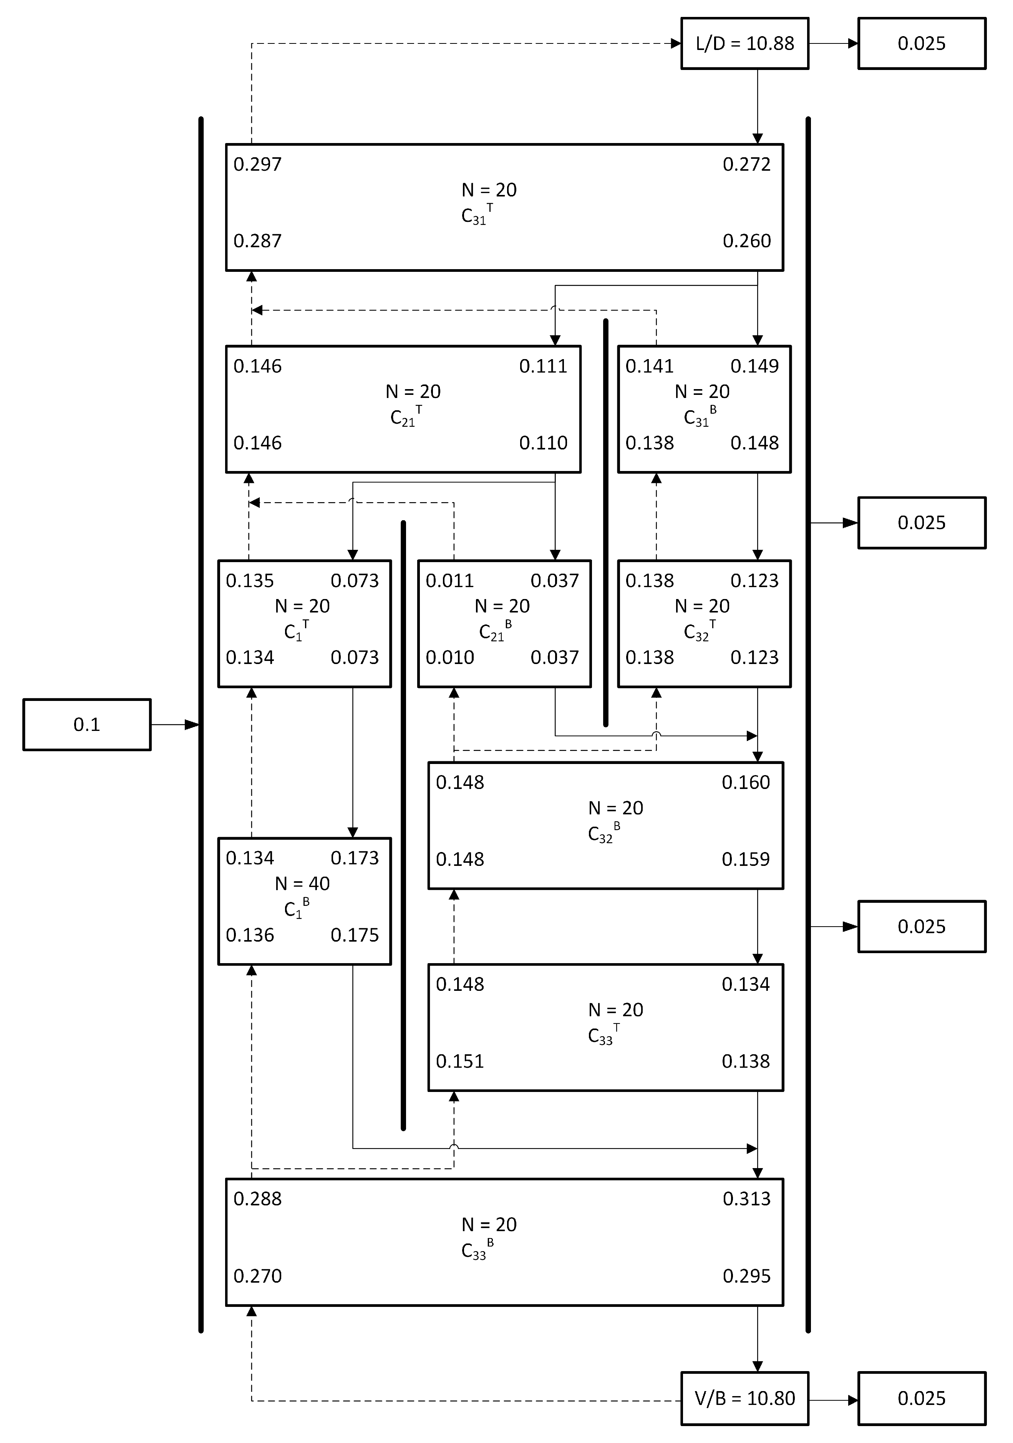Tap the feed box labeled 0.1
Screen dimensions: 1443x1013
87,725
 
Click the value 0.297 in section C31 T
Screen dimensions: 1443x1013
257,165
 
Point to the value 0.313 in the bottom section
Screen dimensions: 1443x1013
746,1199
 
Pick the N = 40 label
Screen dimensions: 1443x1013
302,884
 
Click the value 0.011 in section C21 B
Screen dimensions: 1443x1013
450,581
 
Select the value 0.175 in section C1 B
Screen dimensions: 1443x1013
355,935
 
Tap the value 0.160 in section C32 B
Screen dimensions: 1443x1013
746,782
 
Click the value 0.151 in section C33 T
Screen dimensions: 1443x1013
460,1062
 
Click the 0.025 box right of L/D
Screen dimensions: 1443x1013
921,43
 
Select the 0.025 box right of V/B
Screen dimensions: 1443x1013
921,1398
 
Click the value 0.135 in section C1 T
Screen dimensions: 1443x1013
250,581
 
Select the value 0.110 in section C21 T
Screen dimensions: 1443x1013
543,443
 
